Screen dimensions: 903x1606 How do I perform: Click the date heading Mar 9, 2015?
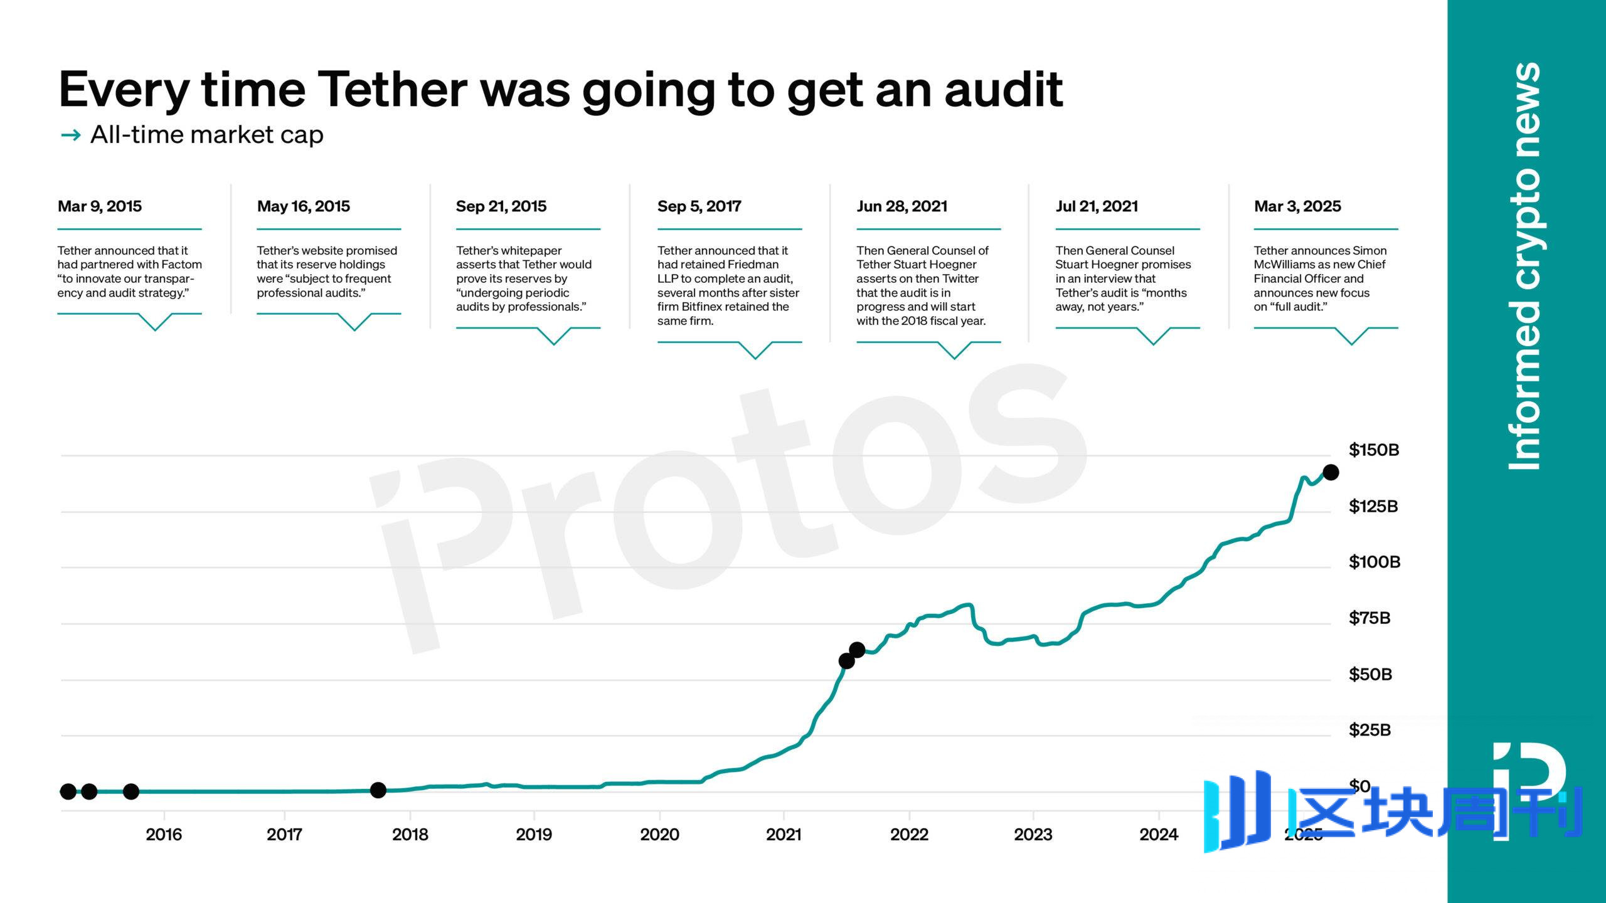[99, 206]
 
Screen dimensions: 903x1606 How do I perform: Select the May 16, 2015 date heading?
[303, 206]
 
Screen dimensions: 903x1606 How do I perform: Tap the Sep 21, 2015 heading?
[501, 206]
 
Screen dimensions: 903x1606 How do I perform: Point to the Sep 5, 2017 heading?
[699, 206]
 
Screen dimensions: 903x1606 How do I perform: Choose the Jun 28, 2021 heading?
[901, 206]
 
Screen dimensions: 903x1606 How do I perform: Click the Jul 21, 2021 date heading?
[1096, 206]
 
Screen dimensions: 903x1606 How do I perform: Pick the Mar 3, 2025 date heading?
[1297, 206]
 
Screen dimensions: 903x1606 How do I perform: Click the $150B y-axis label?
[1373, 450]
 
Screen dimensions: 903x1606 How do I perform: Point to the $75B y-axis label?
[1369, 618]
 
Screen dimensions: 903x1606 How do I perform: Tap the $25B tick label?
[1369, 730]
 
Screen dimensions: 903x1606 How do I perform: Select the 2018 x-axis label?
[410, 835]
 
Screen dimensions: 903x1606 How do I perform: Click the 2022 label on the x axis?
[909, 835]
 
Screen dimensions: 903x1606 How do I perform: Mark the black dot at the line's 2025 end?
[1331, 472]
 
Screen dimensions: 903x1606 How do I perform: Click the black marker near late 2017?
[378, 790]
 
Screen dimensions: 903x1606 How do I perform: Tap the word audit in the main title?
[1003, 90]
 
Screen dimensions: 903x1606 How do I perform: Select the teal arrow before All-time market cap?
[71, 135]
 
